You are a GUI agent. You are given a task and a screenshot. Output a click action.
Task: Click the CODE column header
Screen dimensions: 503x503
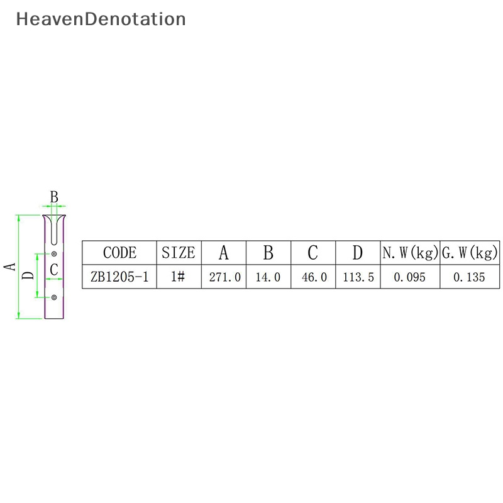[119, 253]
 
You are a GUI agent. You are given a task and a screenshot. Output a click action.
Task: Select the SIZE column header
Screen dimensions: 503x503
[179, 253]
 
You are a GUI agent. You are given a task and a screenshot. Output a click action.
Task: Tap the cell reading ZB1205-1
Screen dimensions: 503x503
[119, 277]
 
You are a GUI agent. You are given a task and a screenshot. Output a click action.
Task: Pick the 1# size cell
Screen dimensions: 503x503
[179, 277]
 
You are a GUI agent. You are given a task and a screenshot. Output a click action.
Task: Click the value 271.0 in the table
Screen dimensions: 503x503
[224, 277]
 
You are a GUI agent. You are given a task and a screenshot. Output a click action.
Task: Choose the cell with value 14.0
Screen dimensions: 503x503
[268, 277]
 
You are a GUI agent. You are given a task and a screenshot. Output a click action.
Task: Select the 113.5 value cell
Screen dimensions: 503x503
[358, 277]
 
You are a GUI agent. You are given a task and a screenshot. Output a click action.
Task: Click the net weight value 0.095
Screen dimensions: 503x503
[410, 277]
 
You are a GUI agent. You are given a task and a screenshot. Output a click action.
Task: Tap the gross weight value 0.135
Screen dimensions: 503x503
[469, 277]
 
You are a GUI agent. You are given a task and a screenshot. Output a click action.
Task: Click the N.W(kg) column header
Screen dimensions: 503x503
[410, 253]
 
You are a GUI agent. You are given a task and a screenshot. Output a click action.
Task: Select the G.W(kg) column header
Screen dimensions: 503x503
[469, 253]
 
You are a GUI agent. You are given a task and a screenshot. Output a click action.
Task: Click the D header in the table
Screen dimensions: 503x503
[358, 253]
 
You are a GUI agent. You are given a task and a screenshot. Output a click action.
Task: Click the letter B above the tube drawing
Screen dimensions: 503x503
[54, 197]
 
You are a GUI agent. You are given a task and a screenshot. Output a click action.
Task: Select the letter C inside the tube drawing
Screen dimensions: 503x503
[54, 270]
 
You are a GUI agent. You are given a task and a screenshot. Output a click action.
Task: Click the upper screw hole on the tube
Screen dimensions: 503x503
[54, 253]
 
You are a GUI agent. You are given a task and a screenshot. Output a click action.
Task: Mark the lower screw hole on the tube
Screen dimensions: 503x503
[54, 296]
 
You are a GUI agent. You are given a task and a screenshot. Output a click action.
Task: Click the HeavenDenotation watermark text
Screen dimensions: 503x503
[101, 19]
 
